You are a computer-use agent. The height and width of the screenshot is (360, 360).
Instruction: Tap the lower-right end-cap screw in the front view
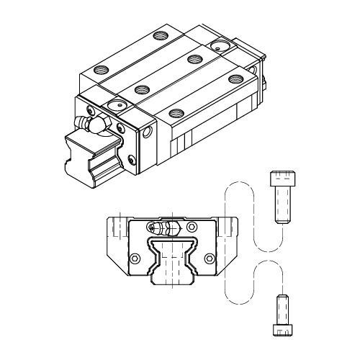point(210,258)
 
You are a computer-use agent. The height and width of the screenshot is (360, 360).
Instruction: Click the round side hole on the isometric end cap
point(148,133)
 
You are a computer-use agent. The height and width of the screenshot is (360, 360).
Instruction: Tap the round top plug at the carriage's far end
point(217,46)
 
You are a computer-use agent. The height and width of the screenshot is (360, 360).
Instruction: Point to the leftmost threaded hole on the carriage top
point(99,70)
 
